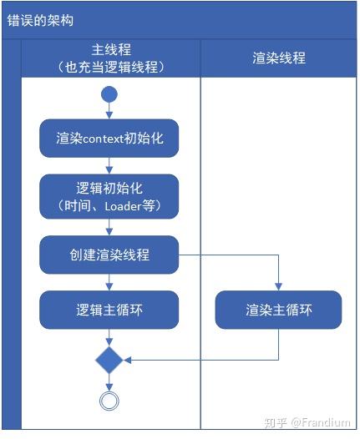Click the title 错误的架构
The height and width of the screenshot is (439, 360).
pos(40,20)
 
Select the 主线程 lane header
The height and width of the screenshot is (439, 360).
pos(111,58)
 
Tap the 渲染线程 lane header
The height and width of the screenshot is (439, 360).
pos(279,58)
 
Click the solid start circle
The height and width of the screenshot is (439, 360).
pos(109,94)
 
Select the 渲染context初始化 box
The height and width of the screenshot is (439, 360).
pos(109,139)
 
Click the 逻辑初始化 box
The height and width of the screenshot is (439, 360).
pos(109,196)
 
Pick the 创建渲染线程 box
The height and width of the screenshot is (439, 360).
pos(109,255)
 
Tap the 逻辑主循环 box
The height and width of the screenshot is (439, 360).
pos(109,310)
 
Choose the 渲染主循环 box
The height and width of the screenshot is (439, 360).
pos(278,310)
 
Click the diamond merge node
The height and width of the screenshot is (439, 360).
pos(109,360)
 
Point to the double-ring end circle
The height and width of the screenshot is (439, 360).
pos(109,401)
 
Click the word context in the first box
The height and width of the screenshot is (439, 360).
pos(104,139)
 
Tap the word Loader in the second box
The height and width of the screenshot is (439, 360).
pos(123,207)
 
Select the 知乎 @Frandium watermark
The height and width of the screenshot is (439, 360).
pos(307,422)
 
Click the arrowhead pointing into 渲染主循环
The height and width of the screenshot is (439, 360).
pos(278,287)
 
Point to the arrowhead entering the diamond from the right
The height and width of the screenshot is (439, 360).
pos(127,360)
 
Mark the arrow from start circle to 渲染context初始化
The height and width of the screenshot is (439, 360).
pos(109,111)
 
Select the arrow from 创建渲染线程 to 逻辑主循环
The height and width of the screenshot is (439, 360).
pos(109,282)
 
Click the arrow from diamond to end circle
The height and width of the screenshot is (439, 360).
pos(109,382)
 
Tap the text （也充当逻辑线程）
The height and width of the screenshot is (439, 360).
pos(111,68)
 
